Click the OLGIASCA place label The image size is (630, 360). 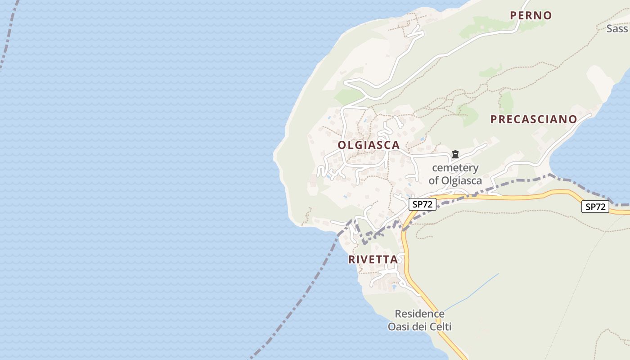point(369,145)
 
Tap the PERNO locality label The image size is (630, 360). point(531,15)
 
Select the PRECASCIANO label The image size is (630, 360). point(533,119)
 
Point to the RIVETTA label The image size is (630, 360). point(373,260)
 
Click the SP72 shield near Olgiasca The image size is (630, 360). point(422,204)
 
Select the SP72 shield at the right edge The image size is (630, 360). point(595,207)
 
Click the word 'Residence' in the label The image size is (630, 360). point(419,314)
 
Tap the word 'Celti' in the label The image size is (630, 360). point(441,327)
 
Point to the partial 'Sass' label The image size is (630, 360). point(617,29)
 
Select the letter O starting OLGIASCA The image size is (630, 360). point(342,145)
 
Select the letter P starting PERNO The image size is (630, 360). point(513,15)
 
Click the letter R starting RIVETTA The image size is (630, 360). point(352,260)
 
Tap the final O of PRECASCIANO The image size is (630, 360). point(572,119)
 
